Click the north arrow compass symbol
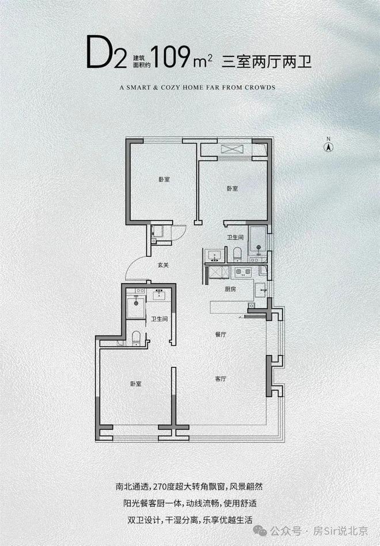point(328,147)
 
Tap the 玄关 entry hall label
point(163,265)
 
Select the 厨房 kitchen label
point(230,289)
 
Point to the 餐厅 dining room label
point(221,334)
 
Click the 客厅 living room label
point(221,379)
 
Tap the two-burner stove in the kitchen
point(243,272)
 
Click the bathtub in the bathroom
point(257,240)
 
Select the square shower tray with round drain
point(136,307)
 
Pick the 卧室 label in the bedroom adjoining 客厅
point(136,384)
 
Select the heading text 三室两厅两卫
point(267,62)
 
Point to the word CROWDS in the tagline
point(260,87)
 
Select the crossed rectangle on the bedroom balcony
point(232,149)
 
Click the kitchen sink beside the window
point(260,290)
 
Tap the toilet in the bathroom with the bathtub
point(237,254)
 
